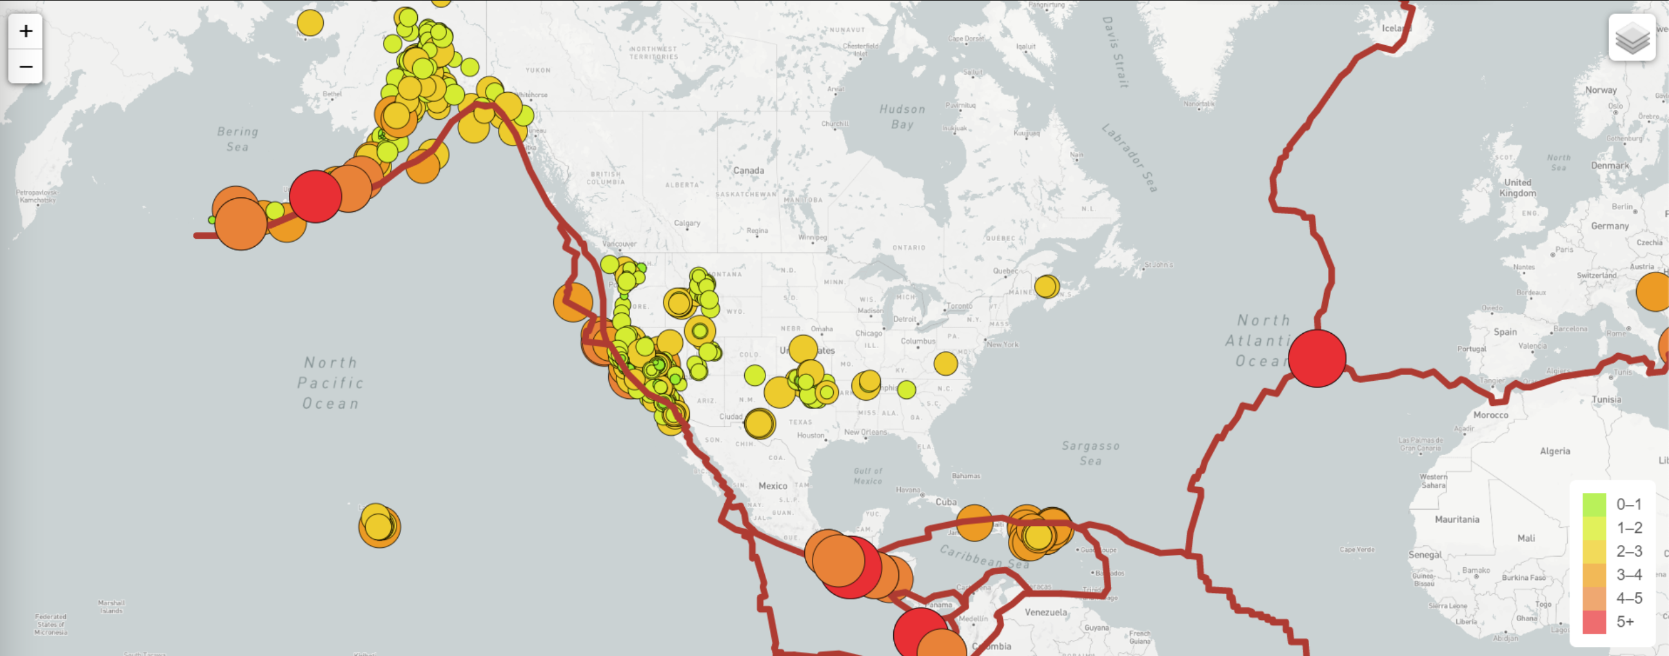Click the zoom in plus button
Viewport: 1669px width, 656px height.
[26, 31]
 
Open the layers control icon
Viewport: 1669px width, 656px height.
[1632, 38]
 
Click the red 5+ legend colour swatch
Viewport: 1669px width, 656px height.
[1594, 622]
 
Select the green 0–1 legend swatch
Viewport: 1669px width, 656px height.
[1594, 505]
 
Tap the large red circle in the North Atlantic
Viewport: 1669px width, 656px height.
[1316, 358]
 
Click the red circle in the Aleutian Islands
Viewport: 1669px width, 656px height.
[315, 196]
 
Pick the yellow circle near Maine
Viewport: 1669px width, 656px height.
[1047, 285]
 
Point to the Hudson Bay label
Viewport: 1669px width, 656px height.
[902, 117]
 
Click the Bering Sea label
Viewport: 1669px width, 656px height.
[238, 139]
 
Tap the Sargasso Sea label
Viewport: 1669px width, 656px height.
[1091, 452]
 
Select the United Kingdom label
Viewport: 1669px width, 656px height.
[1517, 187]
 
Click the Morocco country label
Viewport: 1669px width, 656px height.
[1490, 414]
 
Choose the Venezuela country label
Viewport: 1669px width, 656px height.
[1045, 612]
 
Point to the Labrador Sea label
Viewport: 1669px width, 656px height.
[1129, 157]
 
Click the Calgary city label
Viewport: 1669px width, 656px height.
[687, 223]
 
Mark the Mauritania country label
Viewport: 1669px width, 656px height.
[1456, 519]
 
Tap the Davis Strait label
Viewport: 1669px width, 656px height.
[1114, 52]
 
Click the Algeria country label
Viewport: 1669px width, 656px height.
[1554, 450]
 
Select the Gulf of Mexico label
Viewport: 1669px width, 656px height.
[867, 476]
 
